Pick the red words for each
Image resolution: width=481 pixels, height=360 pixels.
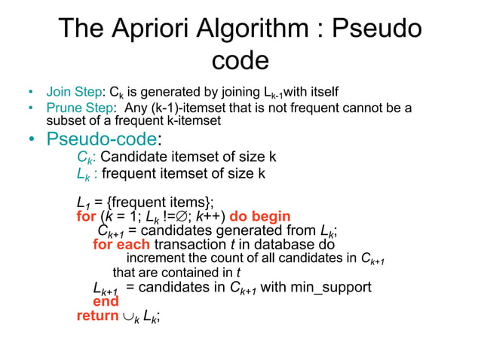click(x=121, y=245)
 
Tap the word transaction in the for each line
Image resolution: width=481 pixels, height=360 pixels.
click(x=191, y=245)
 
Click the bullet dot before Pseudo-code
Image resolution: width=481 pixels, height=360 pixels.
click(x=31, y=141)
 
